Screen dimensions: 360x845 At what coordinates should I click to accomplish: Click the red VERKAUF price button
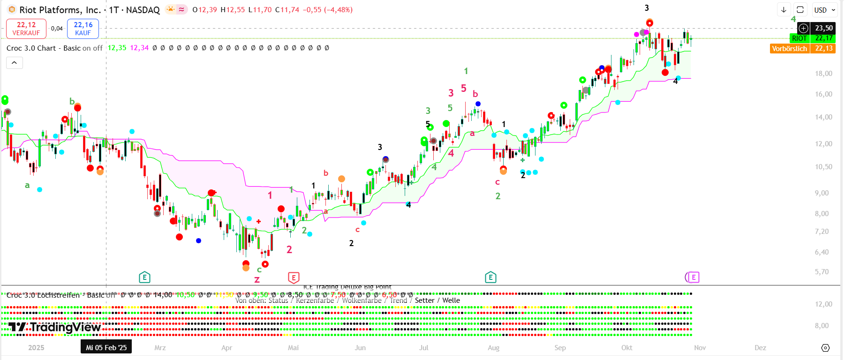(x=26, y=29)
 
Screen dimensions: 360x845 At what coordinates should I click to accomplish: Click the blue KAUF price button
(x=83, y=29)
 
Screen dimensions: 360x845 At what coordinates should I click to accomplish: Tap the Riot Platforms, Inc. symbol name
(x=60, y=10)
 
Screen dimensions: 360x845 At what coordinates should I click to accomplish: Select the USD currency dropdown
(x=824, y=10)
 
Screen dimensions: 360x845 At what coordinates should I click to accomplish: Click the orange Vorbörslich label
(x=790, y=48)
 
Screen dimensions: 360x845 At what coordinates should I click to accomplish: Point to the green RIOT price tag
(x=799, y=38)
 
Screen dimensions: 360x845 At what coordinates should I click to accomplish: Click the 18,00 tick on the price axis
(x=823, y=74)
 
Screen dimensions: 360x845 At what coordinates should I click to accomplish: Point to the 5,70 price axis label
(x=822, y=272)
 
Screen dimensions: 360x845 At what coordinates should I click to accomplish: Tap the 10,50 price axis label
(x=823, y=167)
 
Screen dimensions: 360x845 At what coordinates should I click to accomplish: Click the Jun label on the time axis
(x=360, y=348)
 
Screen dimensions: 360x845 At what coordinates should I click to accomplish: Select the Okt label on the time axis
(x=626, y=348)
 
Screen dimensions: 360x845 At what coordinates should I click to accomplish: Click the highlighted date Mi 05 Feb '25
(x=106, y=347)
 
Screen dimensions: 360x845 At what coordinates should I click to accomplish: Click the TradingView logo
(x=55, y=327)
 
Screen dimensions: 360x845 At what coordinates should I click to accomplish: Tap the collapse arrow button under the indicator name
(x=15, y=63)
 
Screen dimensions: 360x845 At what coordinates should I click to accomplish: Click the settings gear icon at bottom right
(x=825, y=348)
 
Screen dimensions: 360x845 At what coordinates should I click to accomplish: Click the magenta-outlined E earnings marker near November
(x=693, y=277)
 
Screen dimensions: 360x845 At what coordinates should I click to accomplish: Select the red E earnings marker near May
(x=294, y=277)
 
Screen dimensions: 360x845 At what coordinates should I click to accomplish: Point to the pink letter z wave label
(x=257, y=280)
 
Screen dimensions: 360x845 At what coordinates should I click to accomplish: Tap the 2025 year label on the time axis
(x=36, y=348)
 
